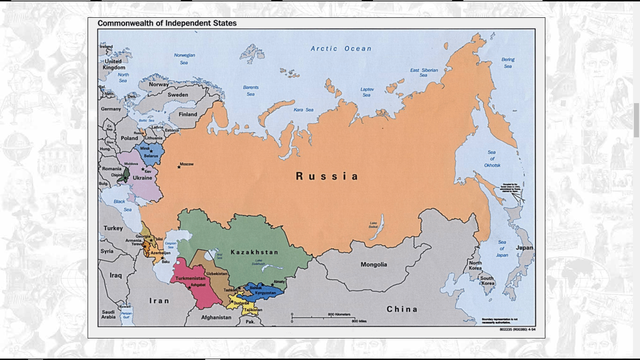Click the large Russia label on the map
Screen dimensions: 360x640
click(x=326, y=176)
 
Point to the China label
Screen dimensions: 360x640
click(x=402, y=309)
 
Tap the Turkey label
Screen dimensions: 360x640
click(x=112, y=228)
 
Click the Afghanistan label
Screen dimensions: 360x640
click(x=216, y=319)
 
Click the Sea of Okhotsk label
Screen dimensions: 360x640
click(x=491, y=158)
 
